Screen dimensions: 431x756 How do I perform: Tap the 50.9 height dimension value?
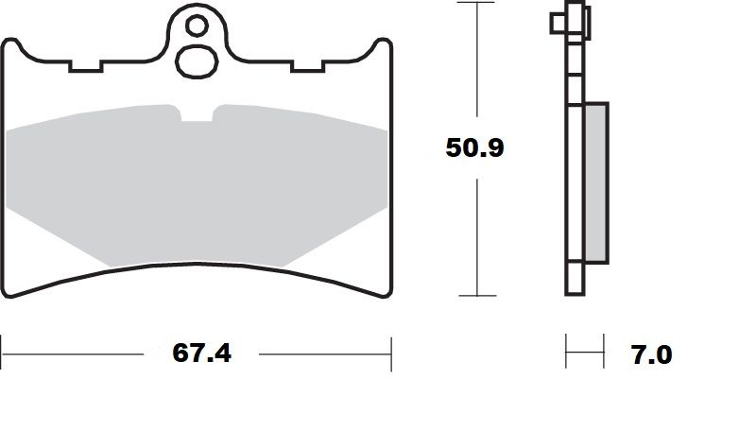pyautogui.click(x=475, y=147)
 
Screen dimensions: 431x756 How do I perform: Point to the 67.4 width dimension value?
pyautogui.click(x=202, y=353)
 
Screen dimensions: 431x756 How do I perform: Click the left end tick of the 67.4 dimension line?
pyautogui.click(x=2, y=353)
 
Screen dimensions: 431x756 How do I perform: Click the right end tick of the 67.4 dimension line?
pyautogui.click(x=391, y=353)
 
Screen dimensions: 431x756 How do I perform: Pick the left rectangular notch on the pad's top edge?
pyautogui.click(x=85, y=66)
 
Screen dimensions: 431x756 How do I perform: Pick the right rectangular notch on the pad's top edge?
pyautogui.click(x=309, y=66)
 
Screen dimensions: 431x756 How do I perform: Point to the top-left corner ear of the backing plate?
pyautogui.click(x=12, y=45)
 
